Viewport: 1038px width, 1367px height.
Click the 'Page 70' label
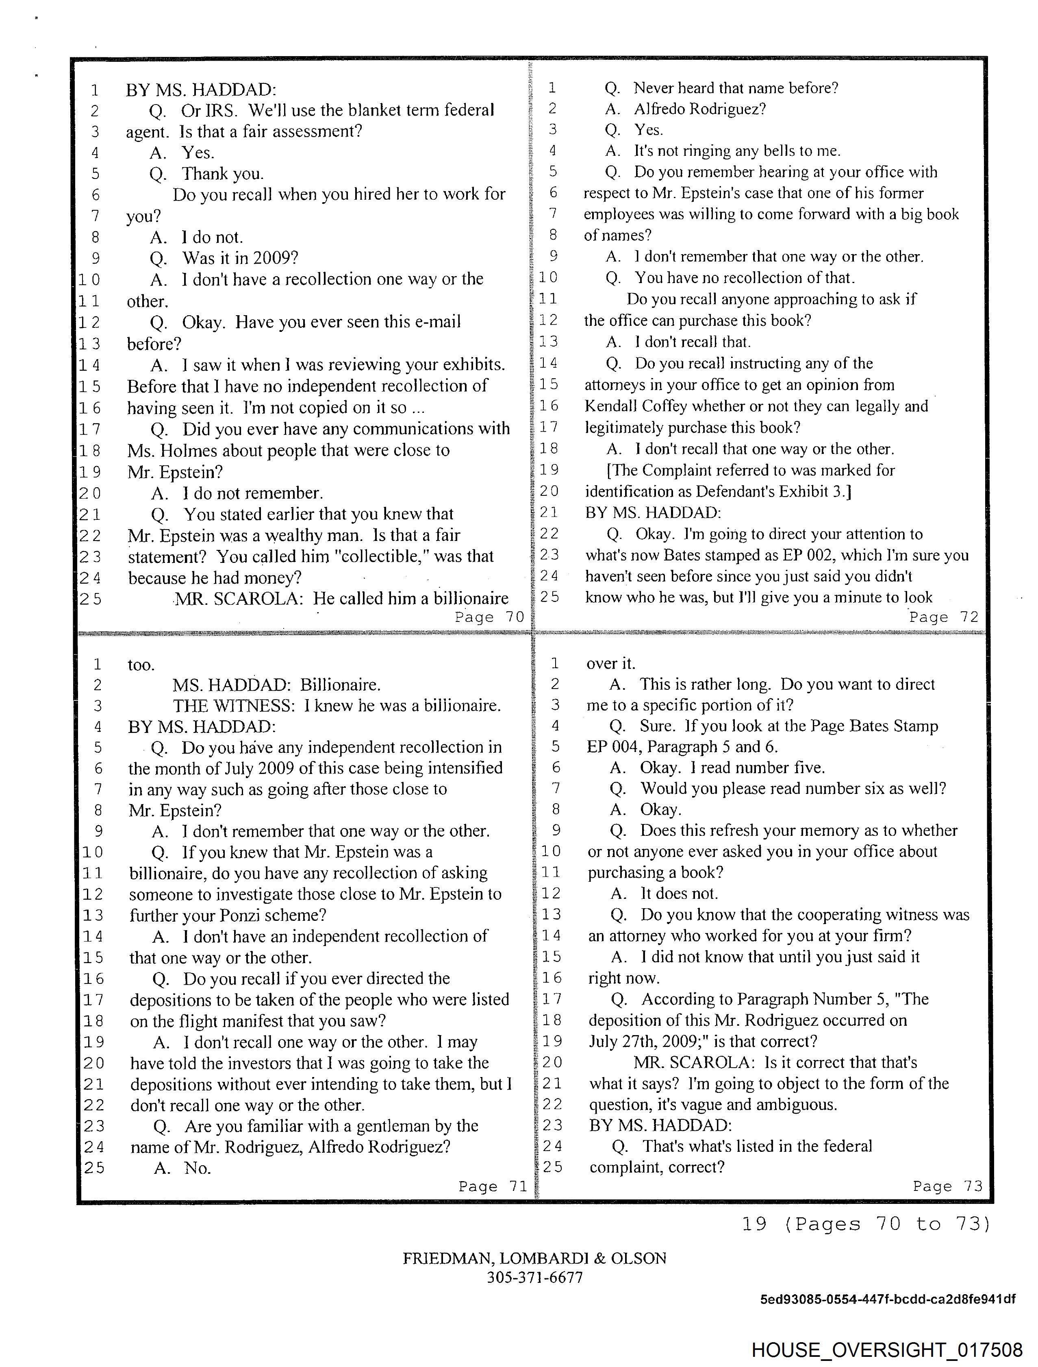click(x=489, y=617)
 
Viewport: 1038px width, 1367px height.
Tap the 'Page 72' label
click(x=943, y=617)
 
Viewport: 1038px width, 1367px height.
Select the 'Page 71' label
click(x=493, y=1186)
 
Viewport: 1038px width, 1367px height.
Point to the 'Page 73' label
click(x=947, y=1186)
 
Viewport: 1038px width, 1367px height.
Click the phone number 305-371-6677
click(x=534, y=1278)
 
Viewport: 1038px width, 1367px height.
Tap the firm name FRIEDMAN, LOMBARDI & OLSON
click(x=534, y=1258)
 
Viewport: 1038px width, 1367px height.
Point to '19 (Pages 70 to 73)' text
click(x=866, y=1223)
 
